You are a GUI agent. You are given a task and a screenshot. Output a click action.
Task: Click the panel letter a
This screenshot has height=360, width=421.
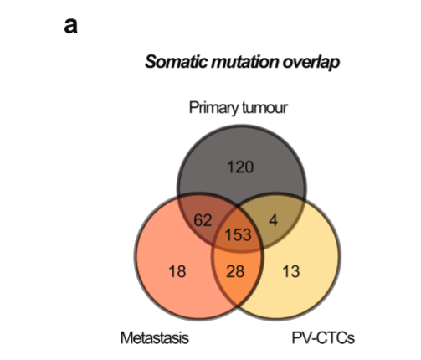tap(70, 26)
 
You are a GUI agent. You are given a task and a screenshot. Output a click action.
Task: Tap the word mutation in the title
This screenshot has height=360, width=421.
tap(245, 62)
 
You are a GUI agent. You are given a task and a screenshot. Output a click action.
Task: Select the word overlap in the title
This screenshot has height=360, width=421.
tap(311, 62)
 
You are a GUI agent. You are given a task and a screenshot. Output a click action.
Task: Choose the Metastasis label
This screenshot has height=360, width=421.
tap(155, 337)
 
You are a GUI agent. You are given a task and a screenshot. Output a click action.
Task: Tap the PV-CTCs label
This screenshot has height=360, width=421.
tap(323, 337)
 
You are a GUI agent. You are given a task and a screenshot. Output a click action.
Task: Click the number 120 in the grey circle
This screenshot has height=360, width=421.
tap(240, 167)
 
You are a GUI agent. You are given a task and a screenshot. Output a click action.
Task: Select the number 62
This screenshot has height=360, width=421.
tap(203, 220)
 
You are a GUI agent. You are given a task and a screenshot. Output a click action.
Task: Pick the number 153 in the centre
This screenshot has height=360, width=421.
tap(238, 234)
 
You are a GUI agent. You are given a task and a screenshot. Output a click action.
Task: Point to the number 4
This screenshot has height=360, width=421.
tap(274, 220)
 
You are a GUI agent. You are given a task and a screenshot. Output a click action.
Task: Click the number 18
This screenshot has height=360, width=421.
tap(177, 271)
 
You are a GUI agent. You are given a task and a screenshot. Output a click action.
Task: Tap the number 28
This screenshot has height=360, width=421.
tap(235, 271)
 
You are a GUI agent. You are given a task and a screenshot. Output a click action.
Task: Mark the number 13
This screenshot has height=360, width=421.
tap(291, 271)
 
